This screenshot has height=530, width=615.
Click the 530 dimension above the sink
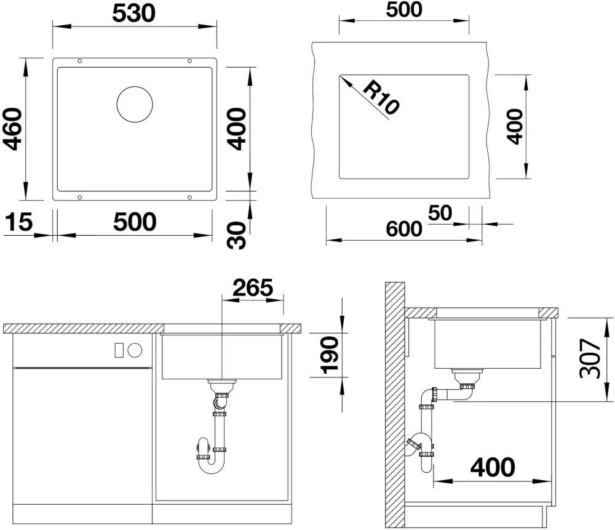[x=133, y=12]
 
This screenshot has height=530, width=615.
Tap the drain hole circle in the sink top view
[x=135, y=103]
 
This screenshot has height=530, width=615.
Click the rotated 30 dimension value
[x=237, y=235]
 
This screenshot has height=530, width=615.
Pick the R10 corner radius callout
[x=380, y=98]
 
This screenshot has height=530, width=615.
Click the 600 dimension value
[x=404, y=228]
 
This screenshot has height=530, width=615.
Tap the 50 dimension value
[x=440, y=213]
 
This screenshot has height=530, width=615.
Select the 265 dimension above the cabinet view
[x=252, y=287]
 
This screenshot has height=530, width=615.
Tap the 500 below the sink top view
[x=135, y=222]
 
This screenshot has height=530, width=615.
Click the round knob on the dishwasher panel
[x=135, y=350]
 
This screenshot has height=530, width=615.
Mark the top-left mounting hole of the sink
[x=80, y=61]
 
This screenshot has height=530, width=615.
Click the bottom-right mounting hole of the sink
[x=189, y=197]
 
